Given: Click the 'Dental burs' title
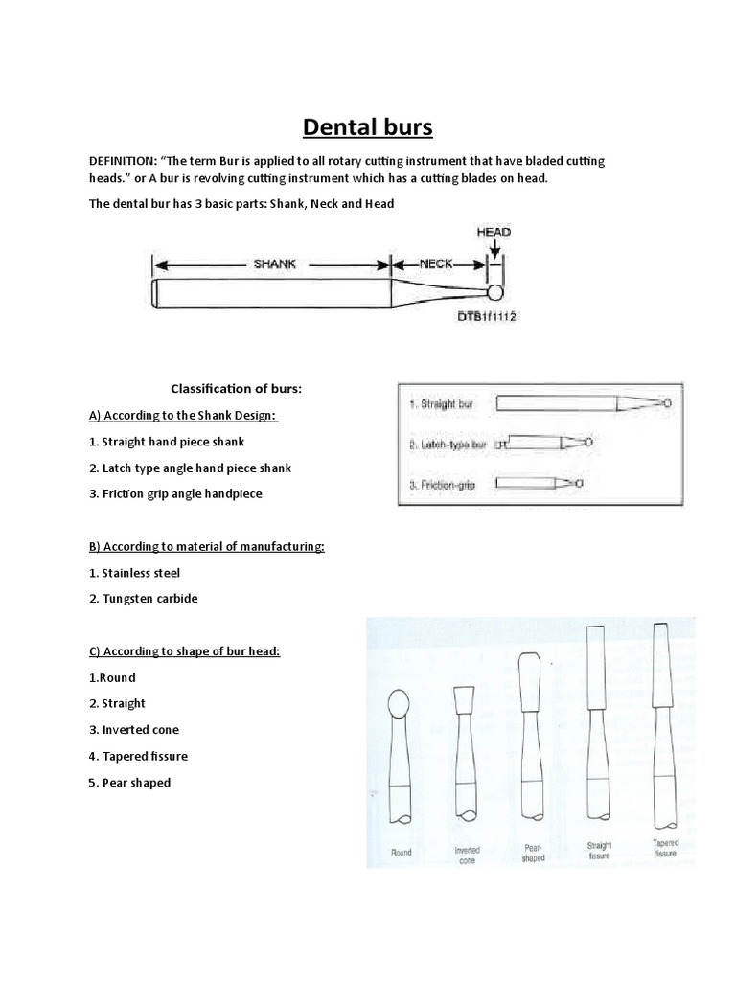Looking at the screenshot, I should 367,126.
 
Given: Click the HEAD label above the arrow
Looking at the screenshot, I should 494,232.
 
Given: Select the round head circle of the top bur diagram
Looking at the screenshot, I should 495,292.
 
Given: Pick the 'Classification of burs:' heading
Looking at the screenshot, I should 235,388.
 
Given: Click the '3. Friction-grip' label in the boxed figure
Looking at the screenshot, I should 443,486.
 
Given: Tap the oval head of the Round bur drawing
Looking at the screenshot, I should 401,707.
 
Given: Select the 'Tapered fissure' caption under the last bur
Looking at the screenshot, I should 666,848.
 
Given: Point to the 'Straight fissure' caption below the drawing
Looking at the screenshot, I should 601,849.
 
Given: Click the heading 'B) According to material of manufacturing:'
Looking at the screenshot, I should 207,546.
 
